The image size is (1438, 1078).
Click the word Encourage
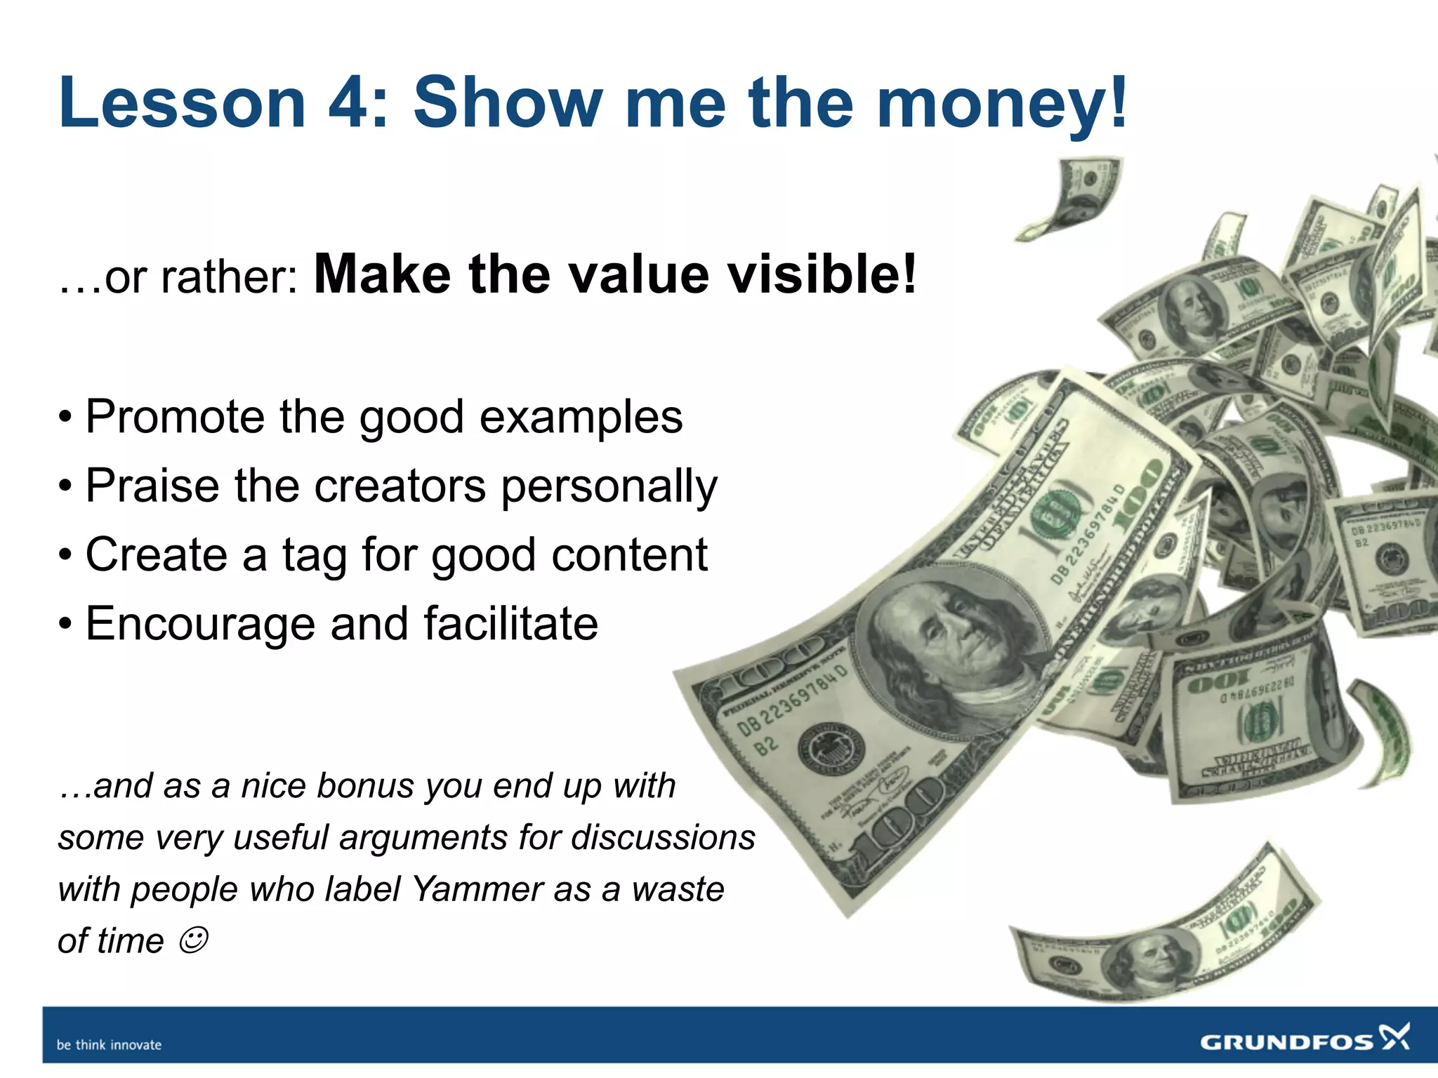coord(200,624)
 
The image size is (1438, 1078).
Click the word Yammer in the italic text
coord(477,889)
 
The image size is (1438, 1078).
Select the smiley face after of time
coord(193,940)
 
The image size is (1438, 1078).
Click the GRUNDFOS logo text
coord(1286,1042)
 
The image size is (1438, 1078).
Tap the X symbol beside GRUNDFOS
coord(1394,1037)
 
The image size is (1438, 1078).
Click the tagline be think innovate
coord(109,1045)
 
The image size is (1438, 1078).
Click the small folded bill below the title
coord(1074,197)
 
